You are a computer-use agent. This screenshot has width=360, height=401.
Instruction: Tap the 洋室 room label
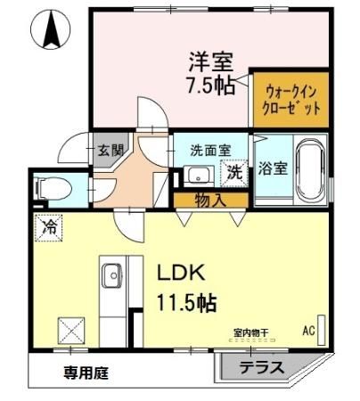click(x=210, y=63)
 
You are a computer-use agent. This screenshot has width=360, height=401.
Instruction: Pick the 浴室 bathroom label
click(x=273, y=168)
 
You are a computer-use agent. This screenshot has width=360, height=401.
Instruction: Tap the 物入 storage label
click(x=209, y=200)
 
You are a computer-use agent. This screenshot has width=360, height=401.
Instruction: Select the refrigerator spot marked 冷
click(x=51, y=228)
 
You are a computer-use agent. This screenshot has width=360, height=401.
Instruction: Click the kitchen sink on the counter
click(x=113, y=276)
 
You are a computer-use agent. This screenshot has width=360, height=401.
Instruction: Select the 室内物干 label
click(x=250, y=333)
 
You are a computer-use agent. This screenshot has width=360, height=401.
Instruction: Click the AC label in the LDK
click(x=309, y=331)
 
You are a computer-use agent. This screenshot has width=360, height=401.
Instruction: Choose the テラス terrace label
click(x=261, y=367)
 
